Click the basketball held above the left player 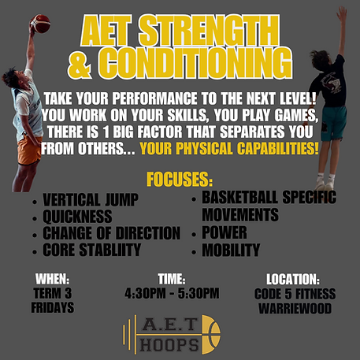point(40,24)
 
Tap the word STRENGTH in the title point(209,31)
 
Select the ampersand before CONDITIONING point(80,64)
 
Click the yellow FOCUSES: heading point(180,180)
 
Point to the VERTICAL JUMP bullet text point(91,200)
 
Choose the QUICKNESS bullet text point(77,217)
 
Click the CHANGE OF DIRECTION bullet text point(112,233)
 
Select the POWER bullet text point(225,232)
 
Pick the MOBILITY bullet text point(231,250)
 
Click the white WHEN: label point(53,279)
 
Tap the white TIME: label point(172,279)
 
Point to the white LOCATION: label point(293,279)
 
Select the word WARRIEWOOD point(295,308)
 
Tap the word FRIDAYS point(53,307)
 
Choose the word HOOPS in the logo point(169,344)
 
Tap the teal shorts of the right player point(333,122)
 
